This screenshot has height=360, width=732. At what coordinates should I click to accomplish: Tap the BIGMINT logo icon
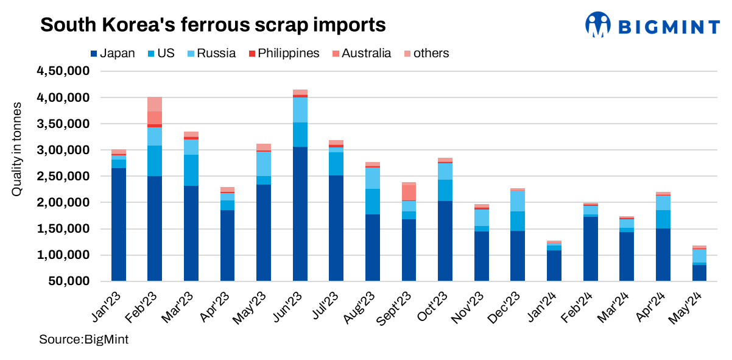click(x=597, y=25)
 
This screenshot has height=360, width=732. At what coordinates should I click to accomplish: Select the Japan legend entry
click(x=113, y=53)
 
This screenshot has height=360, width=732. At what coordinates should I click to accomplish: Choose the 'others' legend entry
click(x=426, y=53)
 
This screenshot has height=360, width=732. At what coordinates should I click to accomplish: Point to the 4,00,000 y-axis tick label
click(x=63, y=97)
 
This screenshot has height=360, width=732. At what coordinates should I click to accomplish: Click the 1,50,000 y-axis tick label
click(x=63, y=229)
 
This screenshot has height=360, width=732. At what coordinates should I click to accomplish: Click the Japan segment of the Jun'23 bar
click(x=300, y=213)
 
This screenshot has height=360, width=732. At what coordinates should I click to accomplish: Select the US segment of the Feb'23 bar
click(x=154, y=161)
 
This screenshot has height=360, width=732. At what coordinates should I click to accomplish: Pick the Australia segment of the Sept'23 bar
click(x=409, y=192)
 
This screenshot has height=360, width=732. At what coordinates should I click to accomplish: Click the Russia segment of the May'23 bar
click(x=263, y=164)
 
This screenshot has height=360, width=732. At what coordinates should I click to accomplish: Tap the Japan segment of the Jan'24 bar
click(x=554, y=265)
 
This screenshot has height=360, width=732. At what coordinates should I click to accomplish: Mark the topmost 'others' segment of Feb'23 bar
click(x=154, y=104)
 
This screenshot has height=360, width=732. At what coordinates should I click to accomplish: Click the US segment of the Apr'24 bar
click(x=663, y=219)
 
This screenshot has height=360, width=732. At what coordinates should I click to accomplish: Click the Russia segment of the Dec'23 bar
click(x=518, y=201)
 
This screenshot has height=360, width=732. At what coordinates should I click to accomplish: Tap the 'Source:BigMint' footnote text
click(x=83, y=339)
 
